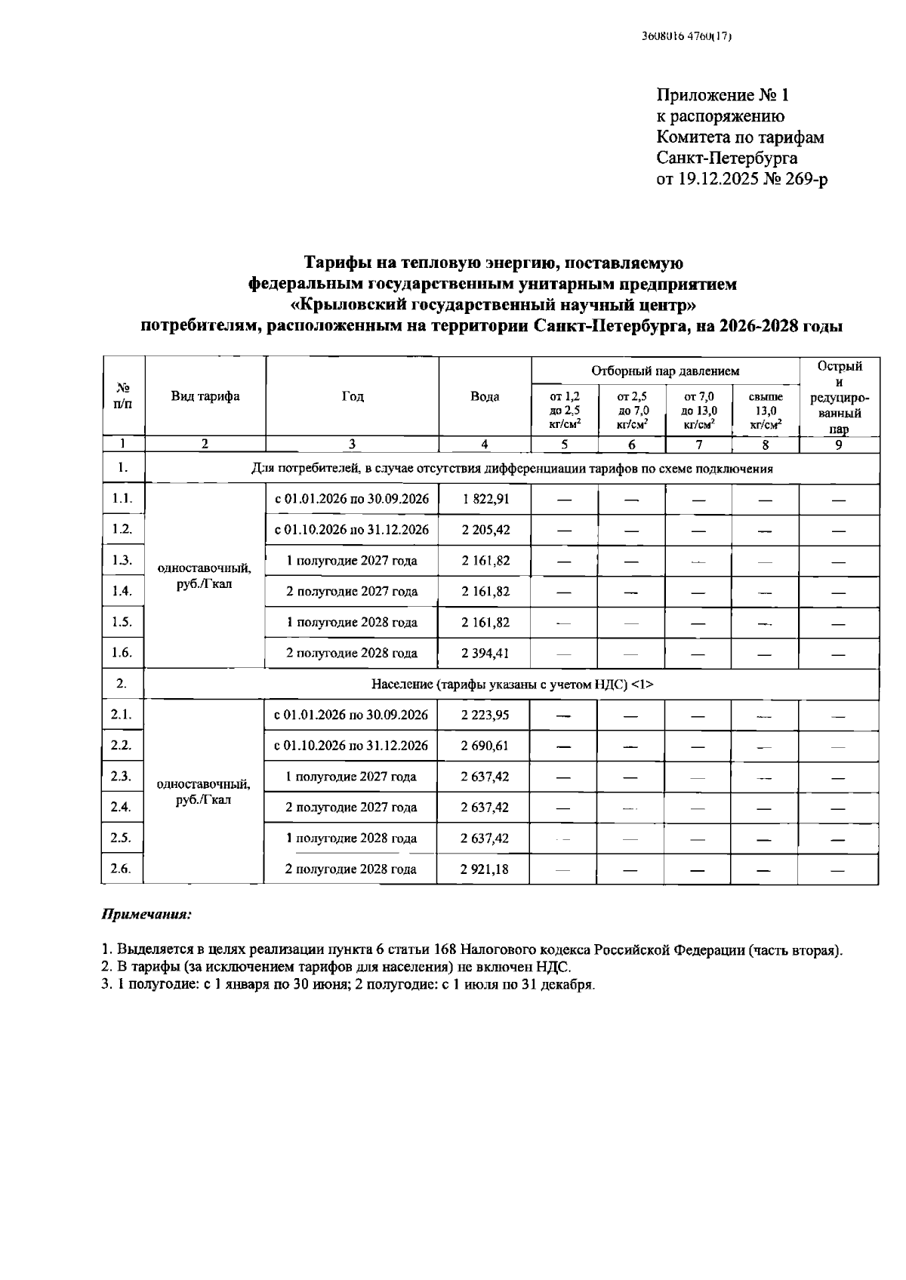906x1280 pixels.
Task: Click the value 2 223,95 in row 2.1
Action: (x=485, y=715)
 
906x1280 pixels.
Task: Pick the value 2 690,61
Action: (x=485, y=746)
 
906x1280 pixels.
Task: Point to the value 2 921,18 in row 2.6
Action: (x=485, y=869)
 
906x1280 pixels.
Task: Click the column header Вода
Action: (x=485, y=397)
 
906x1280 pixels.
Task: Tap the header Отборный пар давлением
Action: (x=665, y=371)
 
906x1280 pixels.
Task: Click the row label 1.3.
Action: (x=122, y=560)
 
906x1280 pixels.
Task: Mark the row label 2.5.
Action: (x=121, y=838)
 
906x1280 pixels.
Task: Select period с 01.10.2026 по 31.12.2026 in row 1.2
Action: (x=352, y=530)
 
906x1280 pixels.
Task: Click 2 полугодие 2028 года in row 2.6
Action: (x=350, y=869)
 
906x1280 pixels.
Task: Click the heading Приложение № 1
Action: (x=723, y=95)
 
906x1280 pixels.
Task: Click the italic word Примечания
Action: (x=146, y=915)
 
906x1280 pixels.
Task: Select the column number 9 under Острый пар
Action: (x=839, y=445)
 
